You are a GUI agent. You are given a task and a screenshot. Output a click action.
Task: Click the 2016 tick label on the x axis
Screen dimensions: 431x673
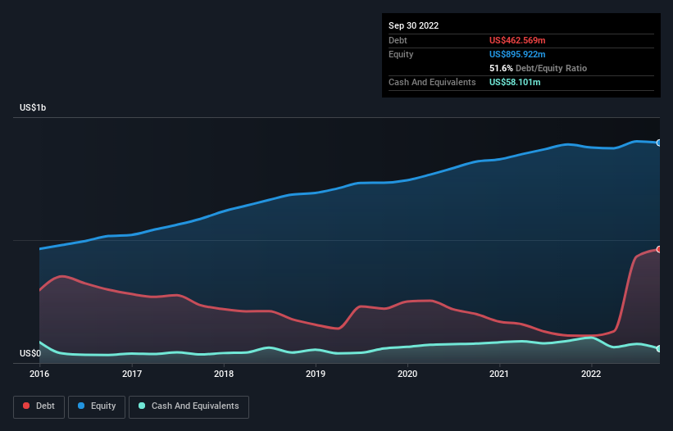pyautogui.click(x=39, y=374)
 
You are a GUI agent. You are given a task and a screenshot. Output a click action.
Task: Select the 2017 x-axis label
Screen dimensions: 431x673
pyautogui.click(x=132, y=374)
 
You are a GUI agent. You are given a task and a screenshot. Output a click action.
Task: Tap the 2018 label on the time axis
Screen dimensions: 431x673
pyautogui.click(x=224, y=374)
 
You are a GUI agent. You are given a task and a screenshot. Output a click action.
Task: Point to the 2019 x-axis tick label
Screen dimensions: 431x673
pyautogui.click(x=316, y=374)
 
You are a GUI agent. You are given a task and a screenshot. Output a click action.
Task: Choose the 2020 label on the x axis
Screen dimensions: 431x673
pyautogui.click(x=407, y=374)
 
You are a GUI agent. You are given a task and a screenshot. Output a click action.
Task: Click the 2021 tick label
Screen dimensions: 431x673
pyautogui.click(x=499, y=374)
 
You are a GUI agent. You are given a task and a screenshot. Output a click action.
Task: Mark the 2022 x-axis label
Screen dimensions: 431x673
pyautogui.click(x=591, y=374)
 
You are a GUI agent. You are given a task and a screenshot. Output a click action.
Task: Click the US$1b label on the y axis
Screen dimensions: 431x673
pyautogui.click(x=34, y=108)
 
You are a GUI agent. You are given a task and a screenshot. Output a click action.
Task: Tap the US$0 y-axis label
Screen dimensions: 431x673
pyautogui.click(x=30, y=354)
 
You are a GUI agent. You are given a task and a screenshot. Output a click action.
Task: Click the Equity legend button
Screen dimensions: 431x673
pyautogui.click(x=98, y=406)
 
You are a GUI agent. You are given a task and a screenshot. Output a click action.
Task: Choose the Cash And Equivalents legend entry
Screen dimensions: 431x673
pyautogui.click(x=189, y=406)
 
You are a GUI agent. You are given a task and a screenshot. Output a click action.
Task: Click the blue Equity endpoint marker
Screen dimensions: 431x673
pyautogui.click(x=658, y=143)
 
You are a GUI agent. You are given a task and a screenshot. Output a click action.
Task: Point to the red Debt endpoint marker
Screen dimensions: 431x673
pyautogui.click(x=658, y=249)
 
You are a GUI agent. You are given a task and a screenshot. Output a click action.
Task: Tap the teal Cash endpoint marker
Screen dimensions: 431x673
pyautogui.click(x=658, y=349)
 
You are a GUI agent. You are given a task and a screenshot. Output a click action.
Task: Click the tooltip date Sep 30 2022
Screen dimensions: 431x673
pyautogui.click(x=413, y=25)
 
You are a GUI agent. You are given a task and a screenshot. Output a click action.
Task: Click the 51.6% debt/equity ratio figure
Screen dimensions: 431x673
pyautogui.click(x=501, y=68)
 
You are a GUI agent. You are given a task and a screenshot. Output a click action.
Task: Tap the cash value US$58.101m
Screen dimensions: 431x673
pyautogui.click(x=515, y=82)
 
